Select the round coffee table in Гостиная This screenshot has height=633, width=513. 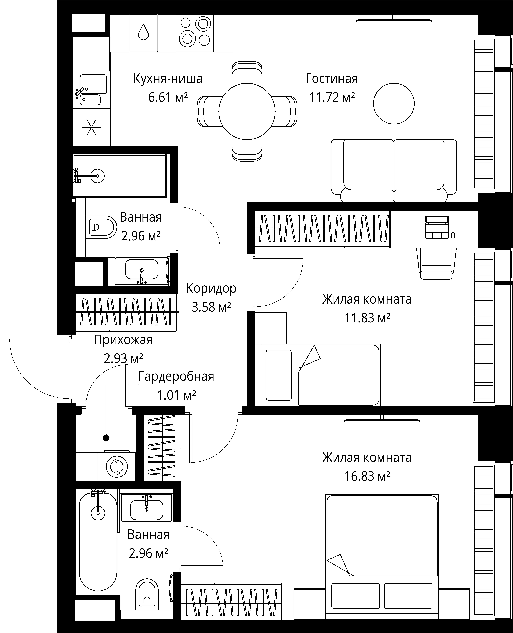click(394, 103)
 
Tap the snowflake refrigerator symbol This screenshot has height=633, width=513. click(91, 127)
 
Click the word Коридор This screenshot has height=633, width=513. click(211, 288)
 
